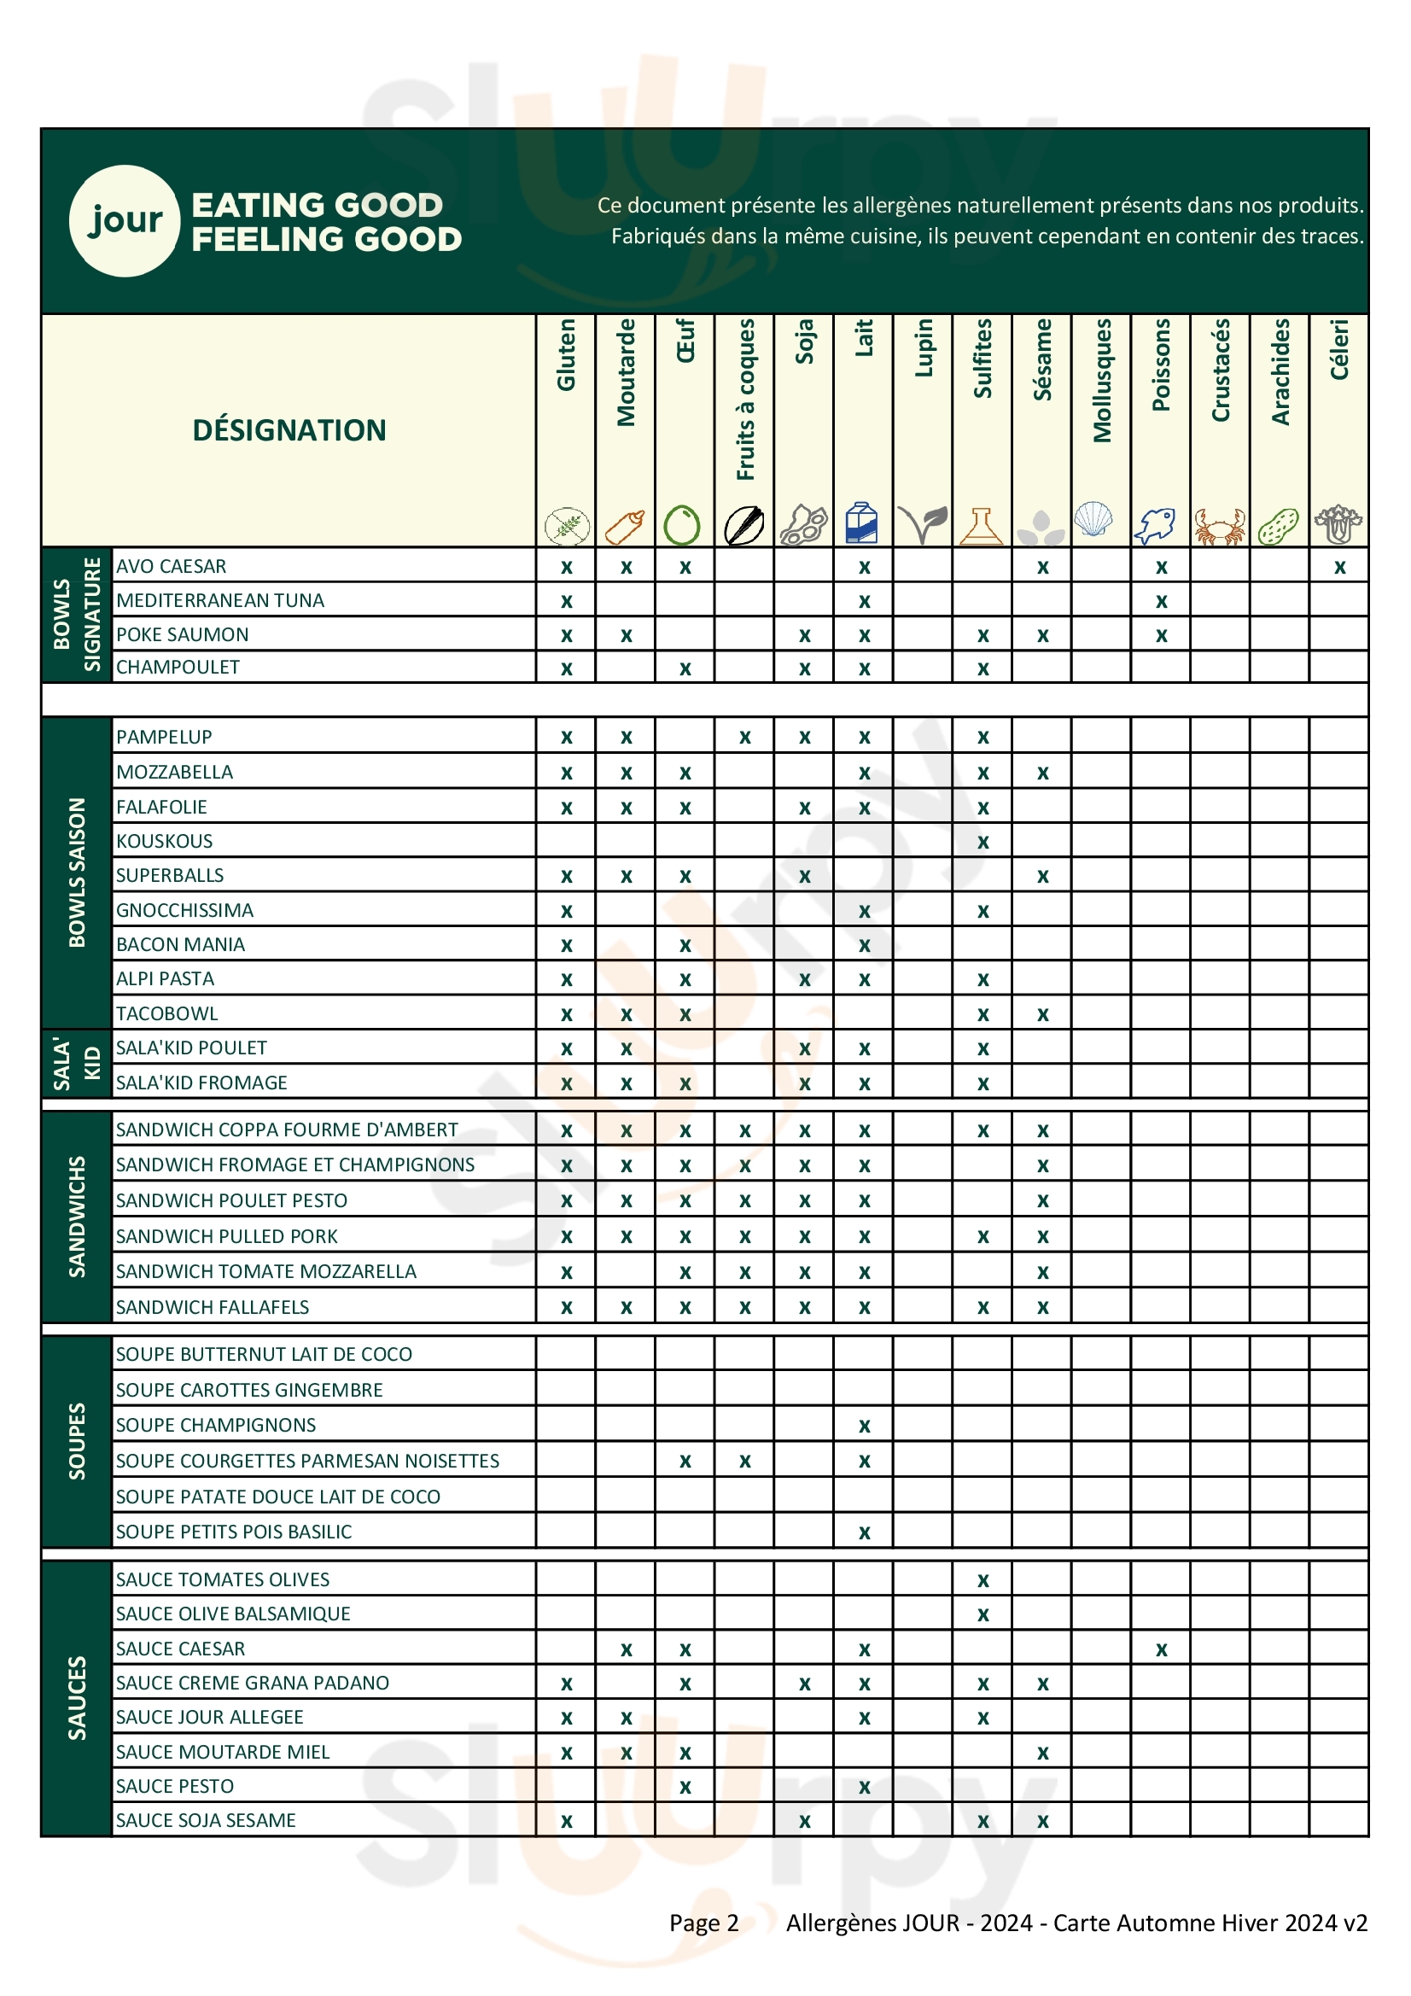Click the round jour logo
[125, 221]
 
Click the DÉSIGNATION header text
[289, 430]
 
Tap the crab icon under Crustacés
[1219, 526]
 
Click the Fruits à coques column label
[745, 399]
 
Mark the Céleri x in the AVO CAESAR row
[1339, 568]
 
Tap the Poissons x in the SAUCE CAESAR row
[1161, 1650]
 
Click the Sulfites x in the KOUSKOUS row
[982, 843]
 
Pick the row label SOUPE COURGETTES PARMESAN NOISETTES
[307, 1461]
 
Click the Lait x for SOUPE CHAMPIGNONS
[863, 1426]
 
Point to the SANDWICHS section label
[77, 1217]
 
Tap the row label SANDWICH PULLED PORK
[226, 1236]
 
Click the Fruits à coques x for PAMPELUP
[744, 738]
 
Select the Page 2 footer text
[703, 1923]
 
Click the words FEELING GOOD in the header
[326, 239]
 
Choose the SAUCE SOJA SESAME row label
[205, 1820]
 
